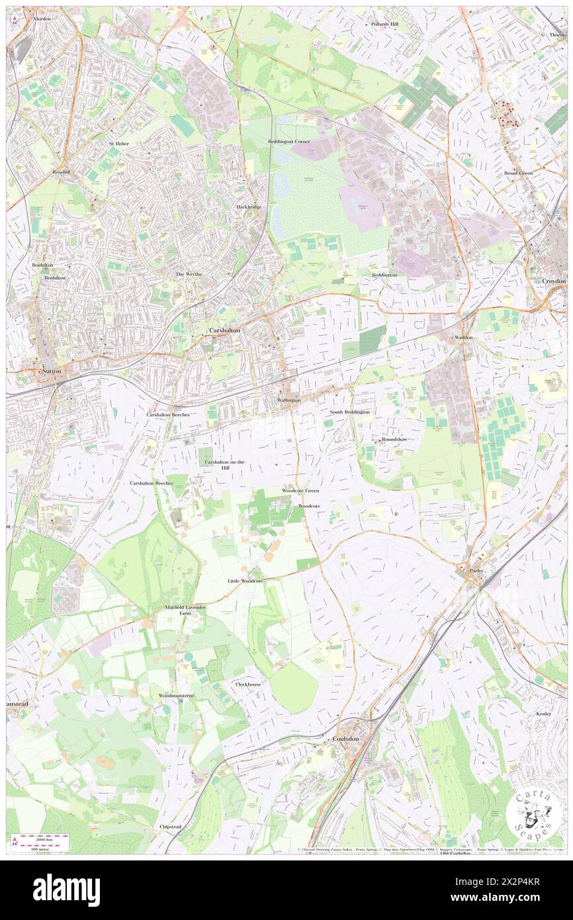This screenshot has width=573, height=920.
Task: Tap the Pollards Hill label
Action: (x=384, y=24)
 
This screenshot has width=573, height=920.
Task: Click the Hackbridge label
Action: (x=249, y=207)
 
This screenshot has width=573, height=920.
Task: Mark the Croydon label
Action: (x=554, y=281)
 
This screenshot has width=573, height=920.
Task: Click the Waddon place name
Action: (x=464, y=338)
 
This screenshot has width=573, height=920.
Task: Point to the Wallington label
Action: (x=288, y=400)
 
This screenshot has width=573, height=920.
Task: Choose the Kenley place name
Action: (x=544, y=714)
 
